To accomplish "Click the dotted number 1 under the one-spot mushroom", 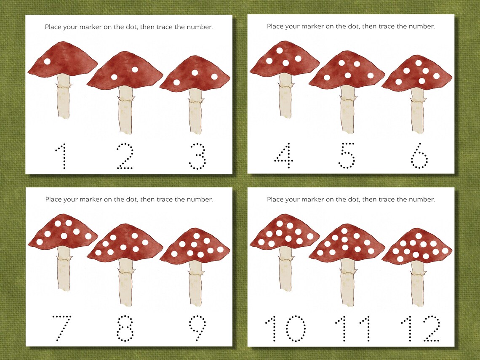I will [x=61, y=156].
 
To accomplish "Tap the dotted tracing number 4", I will [x=283, y=155].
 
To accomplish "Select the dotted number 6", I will [x=419, y=156].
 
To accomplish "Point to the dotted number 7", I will [x=61, y=328].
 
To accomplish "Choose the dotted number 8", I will [x=125, y=328].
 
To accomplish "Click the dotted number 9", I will [x=197, y=328].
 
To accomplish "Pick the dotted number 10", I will [x=285, y=328].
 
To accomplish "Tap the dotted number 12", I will [x=421, y=328].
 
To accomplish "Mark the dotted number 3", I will [x=197, y=156].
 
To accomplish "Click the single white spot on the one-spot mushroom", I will [x=47, y=61].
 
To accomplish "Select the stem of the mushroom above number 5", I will [x=347, y=109].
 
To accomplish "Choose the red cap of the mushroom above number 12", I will [x=417, y=248].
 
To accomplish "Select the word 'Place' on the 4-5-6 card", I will [x=275, y=27].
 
